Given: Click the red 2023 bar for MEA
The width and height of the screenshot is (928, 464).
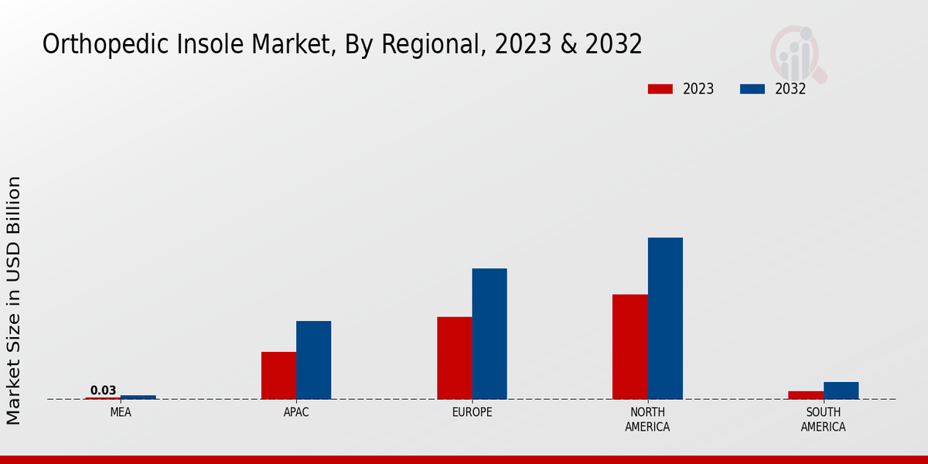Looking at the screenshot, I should tap(103, 398).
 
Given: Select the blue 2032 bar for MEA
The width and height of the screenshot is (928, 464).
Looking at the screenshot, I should tap(138, 397).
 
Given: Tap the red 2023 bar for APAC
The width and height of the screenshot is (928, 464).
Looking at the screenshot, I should tap(278, 376).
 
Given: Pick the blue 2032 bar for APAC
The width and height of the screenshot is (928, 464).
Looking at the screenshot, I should tap(314, 360).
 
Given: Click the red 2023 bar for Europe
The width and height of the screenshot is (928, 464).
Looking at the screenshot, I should tap(455, 358).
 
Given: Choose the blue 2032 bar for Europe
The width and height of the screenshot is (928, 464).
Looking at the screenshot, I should tap(490, 334).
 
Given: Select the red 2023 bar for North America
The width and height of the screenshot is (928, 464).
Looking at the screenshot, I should tap(630, 347).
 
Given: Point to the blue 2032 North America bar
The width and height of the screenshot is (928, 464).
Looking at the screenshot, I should tap(665, 319).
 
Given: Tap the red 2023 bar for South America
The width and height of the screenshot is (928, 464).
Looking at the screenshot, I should tap(806, 395).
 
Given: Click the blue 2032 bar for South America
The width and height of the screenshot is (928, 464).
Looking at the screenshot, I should tap(841, 391).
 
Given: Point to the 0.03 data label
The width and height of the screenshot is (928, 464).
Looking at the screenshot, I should tap(103, 391).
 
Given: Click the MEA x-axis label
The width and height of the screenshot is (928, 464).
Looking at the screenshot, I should tap(121, 413).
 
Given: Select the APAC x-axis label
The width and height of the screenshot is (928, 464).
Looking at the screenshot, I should tap(296, 413).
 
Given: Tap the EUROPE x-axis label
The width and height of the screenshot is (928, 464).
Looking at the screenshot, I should tap(472, 413).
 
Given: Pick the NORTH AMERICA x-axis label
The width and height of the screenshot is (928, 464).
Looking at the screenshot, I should tap(647, 420).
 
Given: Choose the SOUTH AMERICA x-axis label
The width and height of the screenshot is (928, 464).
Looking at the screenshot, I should tap(823, 420).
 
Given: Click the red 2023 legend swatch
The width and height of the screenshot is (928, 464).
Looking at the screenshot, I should tap(660, 89).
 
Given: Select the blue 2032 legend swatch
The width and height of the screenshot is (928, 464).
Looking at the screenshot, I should tap(752, 89).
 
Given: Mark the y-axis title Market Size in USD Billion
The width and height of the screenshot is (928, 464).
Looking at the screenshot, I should tap(14, 300).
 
